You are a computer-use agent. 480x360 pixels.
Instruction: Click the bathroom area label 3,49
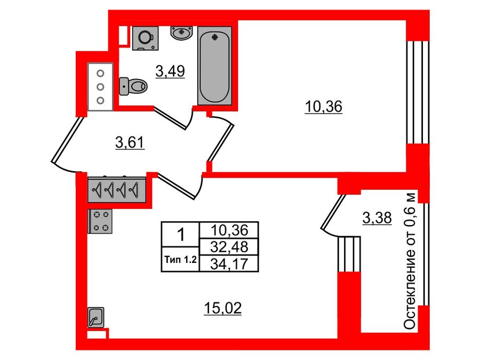coord(170,71)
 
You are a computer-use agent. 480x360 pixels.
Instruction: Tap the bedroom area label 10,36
coord(323,107)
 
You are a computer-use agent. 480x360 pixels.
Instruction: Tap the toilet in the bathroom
coord(134,85)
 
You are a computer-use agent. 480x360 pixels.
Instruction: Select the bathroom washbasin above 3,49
coord(181,33)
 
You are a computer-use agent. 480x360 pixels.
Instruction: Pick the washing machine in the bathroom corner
coord(144,38)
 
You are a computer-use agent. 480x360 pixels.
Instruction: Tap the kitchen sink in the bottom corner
coord(97,318)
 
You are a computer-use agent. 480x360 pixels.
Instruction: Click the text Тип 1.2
coord(180,261)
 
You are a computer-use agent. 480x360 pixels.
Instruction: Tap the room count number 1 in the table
coord(180,234)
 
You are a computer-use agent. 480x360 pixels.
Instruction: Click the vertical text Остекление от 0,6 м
coord(410,261)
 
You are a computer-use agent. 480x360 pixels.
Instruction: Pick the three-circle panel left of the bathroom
coord(100,86)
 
